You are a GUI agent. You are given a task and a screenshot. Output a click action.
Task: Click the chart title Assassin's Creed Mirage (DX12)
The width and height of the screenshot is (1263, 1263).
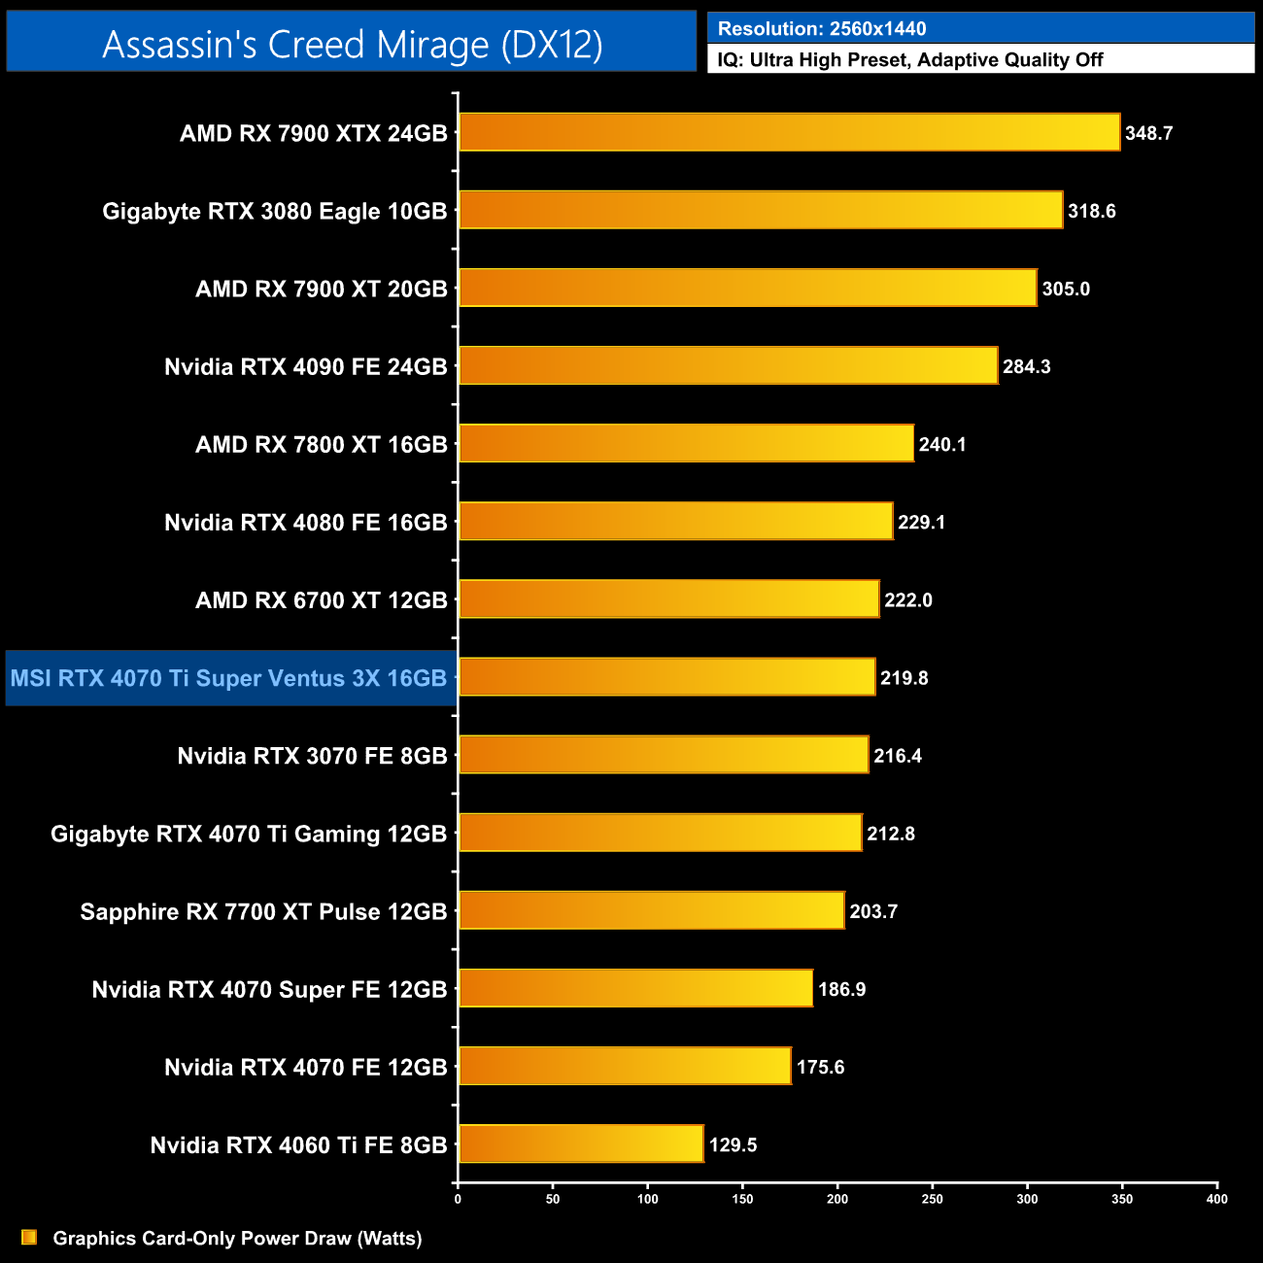point(352,45)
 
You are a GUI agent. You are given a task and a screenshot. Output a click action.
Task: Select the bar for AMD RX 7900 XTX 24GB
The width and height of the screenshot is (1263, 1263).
point(789,132)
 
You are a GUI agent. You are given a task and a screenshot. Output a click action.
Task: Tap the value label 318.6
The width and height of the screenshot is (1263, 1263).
point(1091,211)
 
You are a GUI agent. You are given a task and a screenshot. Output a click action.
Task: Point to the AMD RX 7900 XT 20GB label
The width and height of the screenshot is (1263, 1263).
point(321,289)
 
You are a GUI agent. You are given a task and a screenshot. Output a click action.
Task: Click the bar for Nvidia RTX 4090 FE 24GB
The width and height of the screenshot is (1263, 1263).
point(728,365)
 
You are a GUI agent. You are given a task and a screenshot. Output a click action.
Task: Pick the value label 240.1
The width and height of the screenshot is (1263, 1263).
point(941,444)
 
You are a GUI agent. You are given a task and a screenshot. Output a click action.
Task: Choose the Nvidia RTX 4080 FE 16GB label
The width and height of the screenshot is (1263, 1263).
point(305,523)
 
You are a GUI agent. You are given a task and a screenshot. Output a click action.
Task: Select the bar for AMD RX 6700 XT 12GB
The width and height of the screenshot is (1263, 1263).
point(668,599)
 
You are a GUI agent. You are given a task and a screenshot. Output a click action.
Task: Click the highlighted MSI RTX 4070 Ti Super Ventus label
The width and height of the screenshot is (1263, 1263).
point(228,678)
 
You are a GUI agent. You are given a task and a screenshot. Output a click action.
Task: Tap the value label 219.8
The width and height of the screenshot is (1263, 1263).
point(904,678)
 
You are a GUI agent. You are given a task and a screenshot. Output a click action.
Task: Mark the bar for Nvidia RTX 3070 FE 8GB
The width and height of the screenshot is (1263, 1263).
point(664,755)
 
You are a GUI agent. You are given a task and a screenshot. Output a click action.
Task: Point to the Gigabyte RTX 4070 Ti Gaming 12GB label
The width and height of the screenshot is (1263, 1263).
point(249,834)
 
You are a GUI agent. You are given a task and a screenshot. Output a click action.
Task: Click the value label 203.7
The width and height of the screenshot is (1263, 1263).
point(873,911)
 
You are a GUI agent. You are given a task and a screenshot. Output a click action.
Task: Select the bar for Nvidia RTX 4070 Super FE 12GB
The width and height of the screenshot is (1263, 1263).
point(635,988)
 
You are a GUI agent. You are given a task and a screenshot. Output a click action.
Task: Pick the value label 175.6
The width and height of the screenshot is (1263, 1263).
point(820,1067)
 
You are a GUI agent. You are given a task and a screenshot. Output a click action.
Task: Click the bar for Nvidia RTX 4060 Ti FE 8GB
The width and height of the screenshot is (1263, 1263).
point(581,1144)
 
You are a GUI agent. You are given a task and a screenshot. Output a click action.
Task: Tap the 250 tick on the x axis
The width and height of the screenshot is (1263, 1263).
point(932,1199)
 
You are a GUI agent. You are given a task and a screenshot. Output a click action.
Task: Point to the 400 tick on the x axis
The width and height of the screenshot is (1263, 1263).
point(1216,1199)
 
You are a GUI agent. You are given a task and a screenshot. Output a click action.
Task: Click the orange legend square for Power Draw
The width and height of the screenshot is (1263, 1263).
point(29,1237)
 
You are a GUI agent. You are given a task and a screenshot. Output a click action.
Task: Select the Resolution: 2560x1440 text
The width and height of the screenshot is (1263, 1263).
point(822,29)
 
